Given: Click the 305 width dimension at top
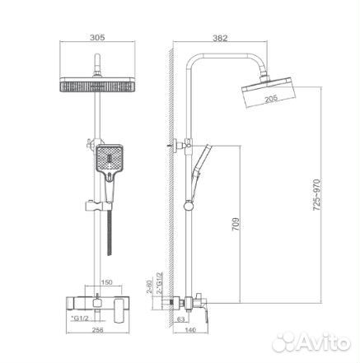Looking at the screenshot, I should [x=98, y=37].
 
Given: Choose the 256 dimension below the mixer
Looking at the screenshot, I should [x=98, y=330].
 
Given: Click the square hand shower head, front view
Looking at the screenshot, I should [x=108, y=159].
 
